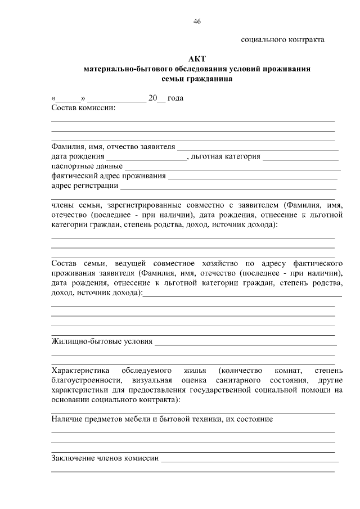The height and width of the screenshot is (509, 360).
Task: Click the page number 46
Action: pos(196,21)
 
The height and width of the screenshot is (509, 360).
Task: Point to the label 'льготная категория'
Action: pos(226,156)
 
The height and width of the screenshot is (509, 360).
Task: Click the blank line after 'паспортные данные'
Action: pos(232,167)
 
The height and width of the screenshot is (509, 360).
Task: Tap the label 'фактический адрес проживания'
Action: pos(108,176)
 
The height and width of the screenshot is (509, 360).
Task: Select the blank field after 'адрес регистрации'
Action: pos(228,186)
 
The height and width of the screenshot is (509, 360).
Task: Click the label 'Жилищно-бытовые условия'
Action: pos(102,341)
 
